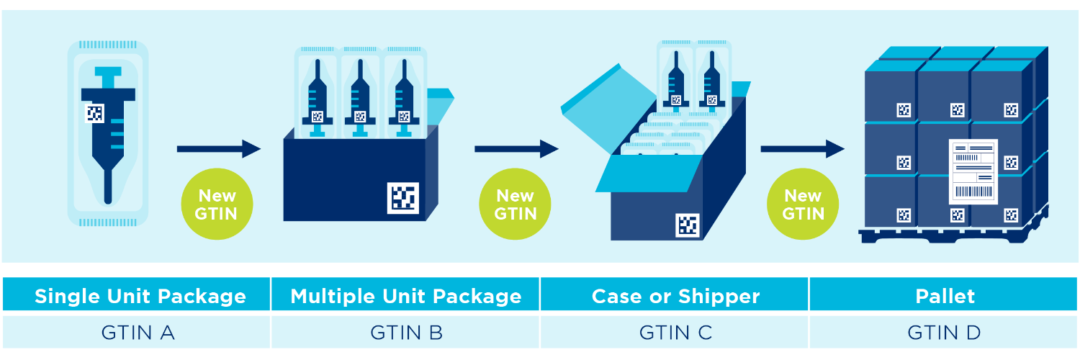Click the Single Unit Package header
pyautogui.click(x=140, y=296)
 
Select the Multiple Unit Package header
pyautogui.click(x=405, y=296)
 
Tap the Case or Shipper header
pyautogui.click(x=675, y=296)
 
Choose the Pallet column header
pyautogui.click(x=945, y=296)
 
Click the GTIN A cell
pyautogui.click(x=137, y=332)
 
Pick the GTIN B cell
pyautogui.click(x=405, y=332)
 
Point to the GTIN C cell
pyautogui.click(x=675, y=332)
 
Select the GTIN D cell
pyautogui.click(x=945, y=332)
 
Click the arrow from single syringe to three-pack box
pyautogui.click(x=218, y=149)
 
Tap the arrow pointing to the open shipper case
pyautogui.click(x=516, y=149)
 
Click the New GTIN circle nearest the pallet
pyautogui.click(x=803, y=204)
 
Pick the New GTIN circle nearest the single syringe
pyautogui.click(x=217, y=204)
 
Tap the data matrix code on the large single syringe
pyautogui.click(x=94, y=113)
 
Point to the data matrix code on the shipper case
pyautogui.click(x=687, y=225)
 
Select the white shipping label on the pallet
pyautogui.click(x=973, y=171)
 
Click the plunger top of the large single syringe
pyautogui.click(x=109, y=72)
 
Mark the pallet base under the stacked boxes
pyautogui.click(x=950, y=235)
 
